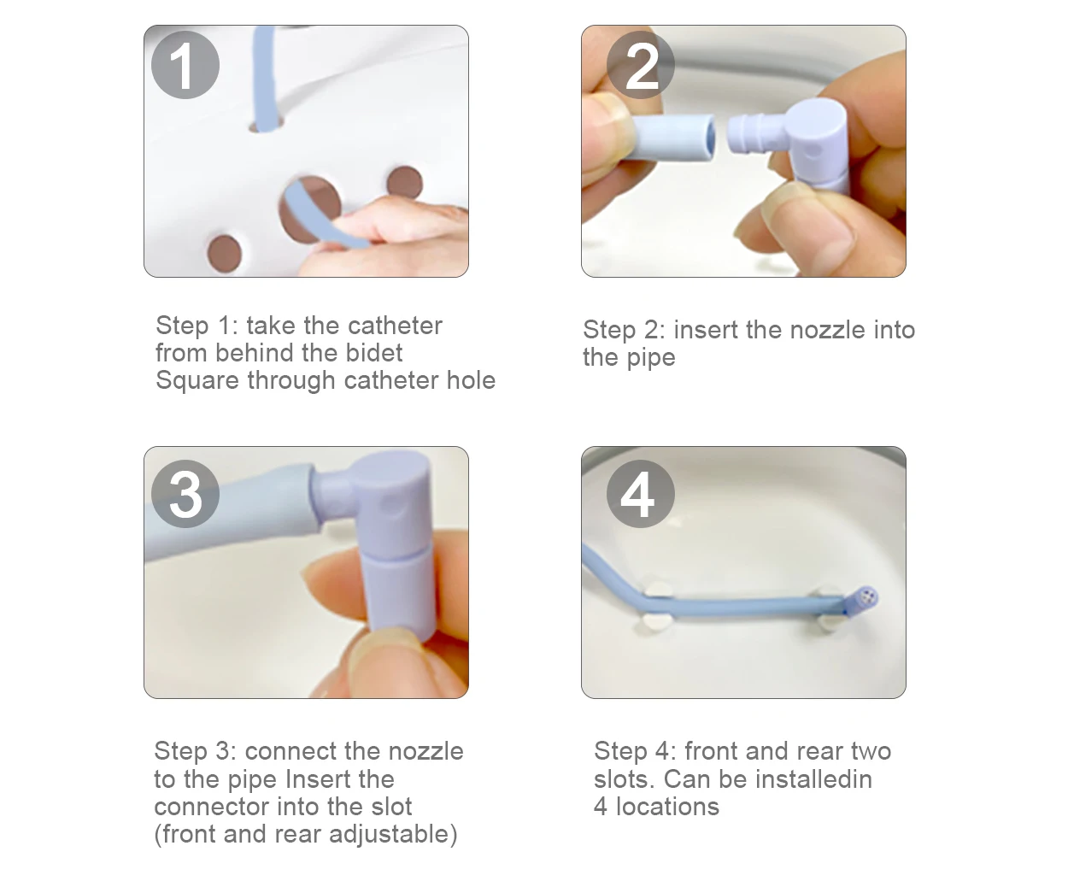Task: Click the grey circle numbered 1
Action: pyautogui.click(x=185, y=65)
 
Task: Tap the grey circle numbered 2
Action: pyautogui.click(x=641, y=65)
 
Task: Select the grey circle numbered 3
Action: pyautogui.click(x=185, y=494)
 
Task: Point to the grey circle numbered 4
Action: pyautogui.click(x=641, y=494)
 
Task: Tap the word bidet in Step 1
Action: pyautogui.click(x=374, y=353)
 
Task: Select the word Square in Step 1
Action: pyautogui.click(x=197, y=381)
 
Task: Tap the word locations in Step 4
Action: pyautogui.click(x=667, y=808)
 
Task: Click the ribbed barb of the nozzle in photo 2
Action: pyautogui.click(x=748, y=134)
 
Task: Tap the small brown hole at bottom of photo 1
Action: pyautogui.click(x=224, y=254)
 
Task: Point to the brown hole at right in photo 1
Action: pyautogui.click(x=405, y=183)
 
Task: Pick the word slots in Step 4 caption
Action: pyautogui.click(x=624, y=779)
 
